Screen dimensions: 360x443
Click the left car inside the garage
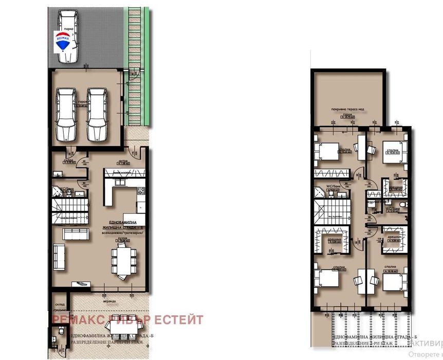coord(65,114)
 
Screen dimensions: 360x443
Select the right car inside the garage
coord(96,114)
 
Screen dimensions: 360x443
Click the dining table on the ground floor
coord(124,260)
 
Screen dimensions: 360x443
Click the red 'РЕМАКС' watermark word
coord(77,320)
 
